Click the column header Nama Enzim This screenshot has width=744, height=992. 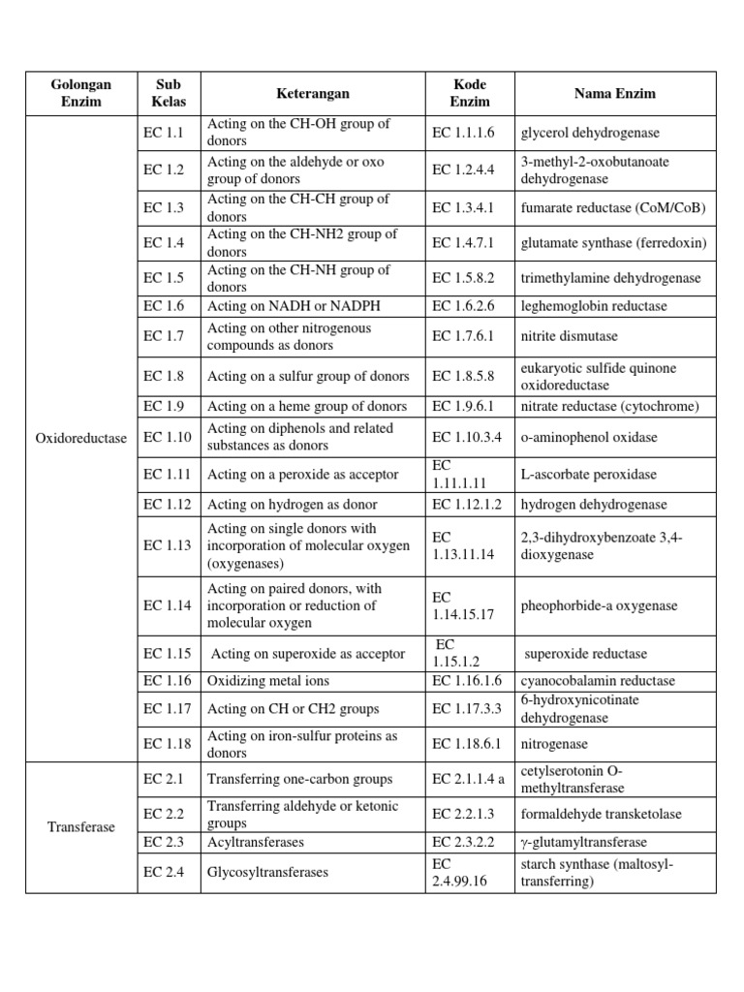click(x=615, y=94)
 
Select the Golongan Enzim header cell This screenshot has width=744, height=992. click(x=80, y=94)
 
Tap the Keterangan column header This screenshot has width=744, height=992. click(x=312, y=94)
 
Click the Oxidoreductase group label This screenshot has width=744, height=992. click(x=80, y=438)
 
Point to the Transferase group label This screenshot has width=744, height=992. click(x=80, y=827)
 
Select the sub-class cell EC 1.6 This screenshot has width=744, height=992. click(x=163, y=306)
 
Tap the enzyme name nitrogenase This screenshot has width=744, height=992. click(x=554, y=744)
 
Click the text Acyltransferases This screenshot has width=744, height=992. click(x=256, y=843)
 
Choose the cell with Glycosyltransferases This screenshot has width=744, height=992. click(x=267, y=872)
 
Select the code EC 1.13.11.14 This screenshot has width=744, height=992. click(x=463, y=545)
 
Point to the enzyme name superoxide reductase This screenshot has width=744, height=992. click(x=586, y=654)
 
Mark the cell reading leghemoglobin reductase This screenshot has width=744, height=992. click(x=594, y=306)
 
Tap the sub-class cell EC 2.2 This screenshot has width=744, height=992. click(x=163, y=814)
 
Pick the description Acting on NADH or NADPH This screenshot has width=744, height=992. click(x=294, y=306)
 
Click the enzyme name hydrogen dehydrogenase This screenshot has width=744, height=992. click(x=594, y=505)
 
